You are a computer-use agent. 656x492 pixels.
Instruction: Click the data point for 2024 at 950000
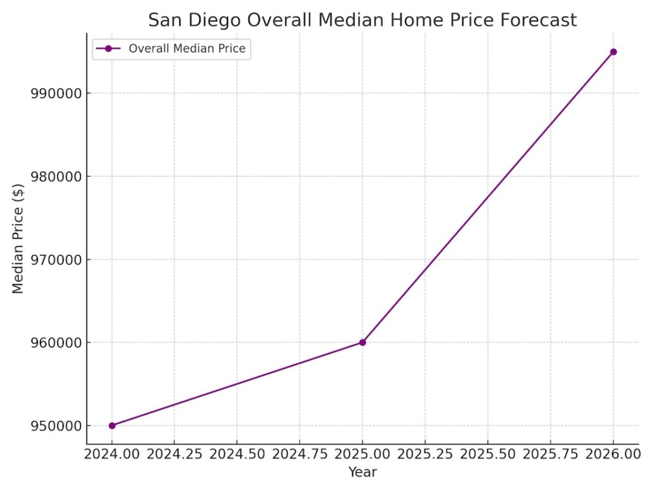112,425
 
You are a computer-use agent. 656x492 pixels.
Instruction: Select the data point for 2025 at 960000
363,342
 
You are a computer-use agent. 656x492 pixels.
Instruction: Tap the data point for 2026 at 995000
613,52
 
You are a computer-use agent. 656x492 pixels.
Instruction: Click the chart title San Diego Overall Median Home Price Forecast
362,20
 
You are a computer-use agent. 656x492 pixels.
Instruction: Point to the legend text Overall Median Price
187,49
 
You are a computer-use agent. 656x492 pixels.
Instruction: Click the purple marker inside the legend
108,49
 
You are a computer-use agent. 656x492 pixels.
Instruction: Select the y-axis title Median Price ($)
18,238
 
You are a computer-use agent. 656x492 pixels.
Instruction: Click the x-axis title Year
363,473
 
